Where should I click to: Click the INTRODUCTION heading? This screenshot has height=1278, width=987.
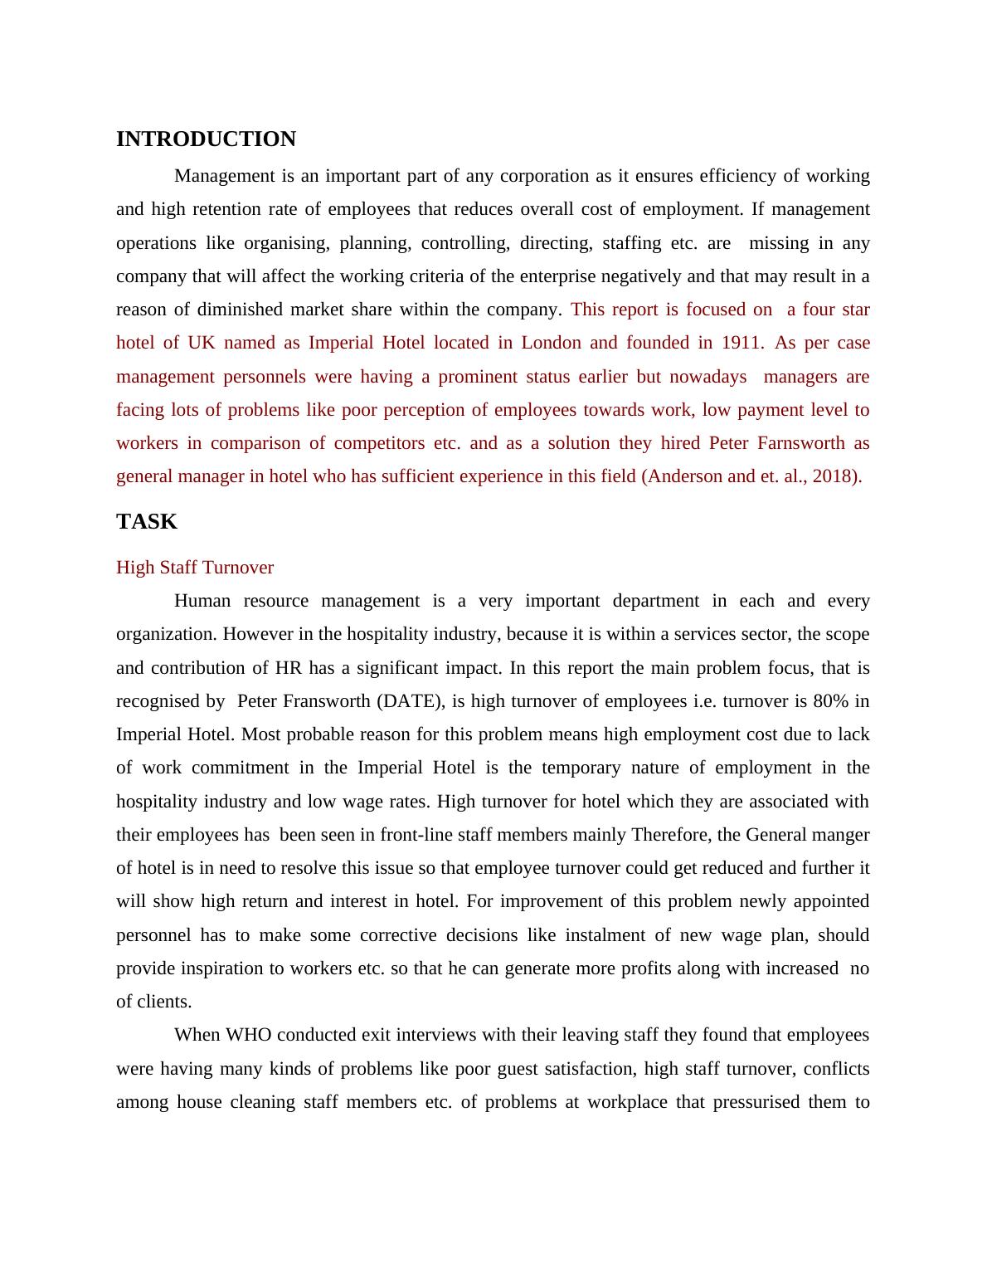pyautogui.click(x=206, y=139)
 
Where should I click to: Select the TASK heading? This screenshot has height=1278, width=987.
pyautogui.click(x=147, y=522)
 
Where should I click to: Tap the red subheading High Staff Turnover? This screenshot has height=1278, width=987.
pyautogui.click(x=195, y=568)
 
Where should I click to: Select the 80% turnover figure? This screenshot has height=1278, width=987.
pyautogui.click(x=831, y=701)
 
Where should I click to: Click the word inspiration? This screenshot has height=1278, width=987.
pyautogui.click(x=219, y=968)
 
